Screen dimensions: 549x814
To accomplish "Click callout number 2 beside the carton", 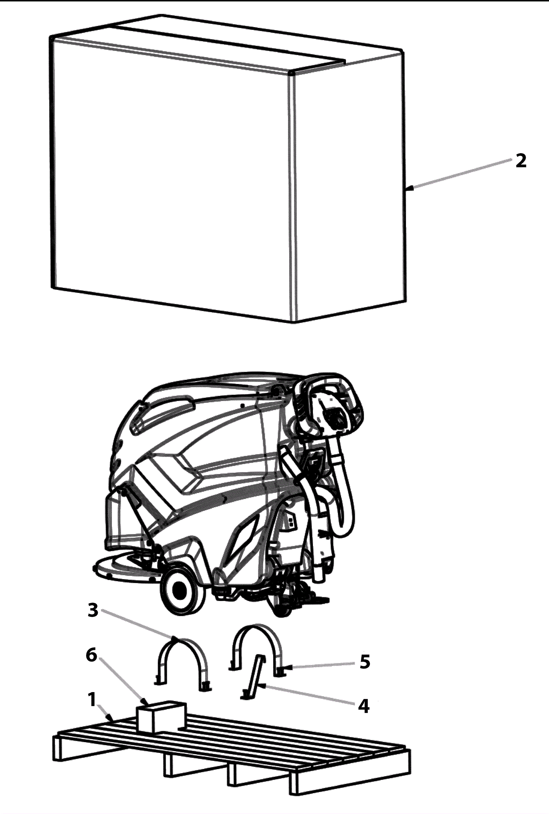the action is point(521,161).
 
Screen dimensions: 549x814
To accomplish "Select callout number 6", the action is point(91,655).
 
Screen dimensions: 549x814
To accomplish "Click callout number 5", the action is point(365,662).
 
